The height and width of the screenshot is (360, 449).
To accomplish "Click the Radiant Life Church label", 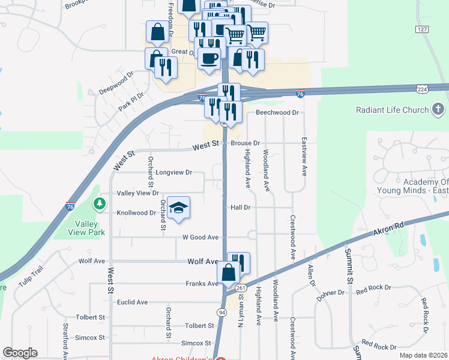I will point(393,110).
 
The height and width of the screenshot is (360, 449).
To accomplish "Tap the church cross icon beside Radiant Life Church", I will point(439,109).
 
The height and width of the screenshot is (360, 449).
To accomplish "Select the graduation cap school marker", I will point(178,208).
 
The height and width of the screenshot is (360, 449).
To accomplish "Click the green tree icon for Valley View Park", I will point(99,205).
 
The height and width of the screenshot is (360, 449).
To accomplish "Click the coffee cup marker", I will point(209,58).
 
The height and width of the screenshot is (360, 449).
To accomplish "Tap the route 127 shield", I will point(421,29).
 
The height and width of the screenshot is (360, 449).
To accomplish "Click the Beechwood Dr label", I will point(277,112).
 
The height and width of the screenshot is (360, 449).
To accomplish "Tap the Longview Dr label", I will point(173,172).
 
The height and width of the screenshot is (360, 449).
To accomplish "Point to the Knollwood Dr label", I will point(136,212).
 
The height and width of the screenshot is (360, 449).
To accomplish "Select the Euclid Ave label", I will point(133,302).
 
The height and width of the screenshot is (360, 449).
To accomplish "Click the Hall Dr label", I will point(240,207).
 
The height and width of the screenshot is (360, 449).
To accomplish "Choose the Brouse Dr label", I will point(245,143).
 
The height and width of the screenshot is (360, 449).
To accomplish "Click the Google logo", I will point(20,353).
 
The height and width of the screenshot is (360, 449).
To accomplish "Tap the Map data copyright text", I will point(424,355).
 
